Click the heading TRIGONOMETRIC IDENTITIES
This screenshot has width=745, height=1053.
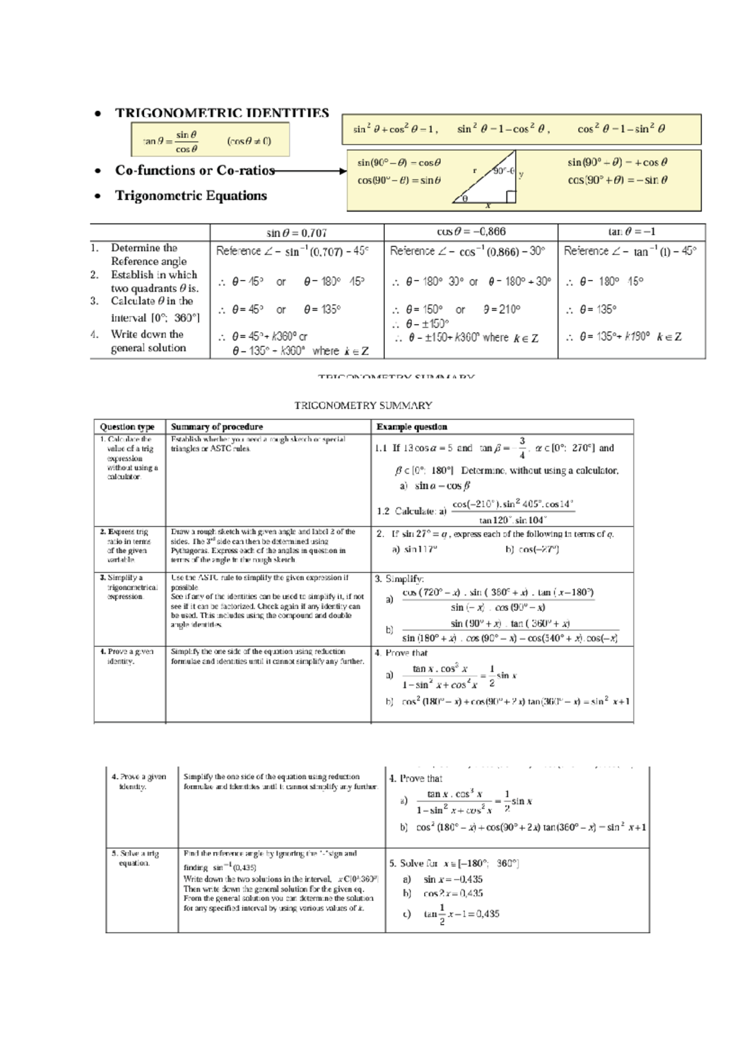222,113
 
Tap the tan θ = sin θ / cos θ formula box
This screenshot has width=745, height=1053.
210,141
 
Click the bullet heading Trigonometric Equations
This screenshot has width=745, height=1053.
191,196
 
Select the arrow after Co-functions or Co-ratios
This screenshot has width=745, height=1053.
310,171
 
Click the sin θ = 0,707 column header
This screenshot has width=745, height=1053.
297,233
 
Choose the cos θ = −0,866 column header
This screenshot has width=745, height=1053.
471,232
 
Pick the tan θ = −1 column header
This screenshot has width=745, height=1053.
631,232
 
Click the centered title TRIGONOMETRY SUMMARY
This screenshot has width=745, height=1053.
363,405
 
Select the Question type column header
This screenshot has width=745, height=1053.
127,427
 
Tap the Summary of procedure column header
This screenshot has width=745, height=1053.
217,427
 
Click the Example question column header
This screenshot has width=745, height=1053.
412,427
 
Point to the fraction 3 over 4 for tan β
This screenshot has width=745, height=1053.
522,448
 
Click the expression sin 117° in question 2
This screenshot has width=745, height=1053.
421,549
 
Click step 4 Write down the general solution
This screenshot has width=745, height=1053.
148,341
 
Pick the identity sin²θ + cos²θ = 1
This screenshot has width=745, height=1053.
395,129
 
